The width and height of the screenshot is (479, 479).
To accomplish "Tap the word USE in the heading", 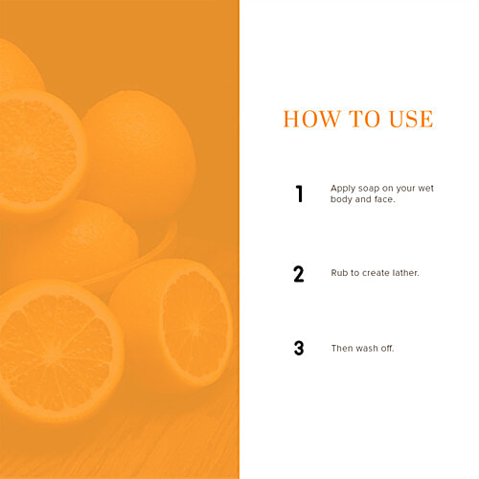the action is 411,119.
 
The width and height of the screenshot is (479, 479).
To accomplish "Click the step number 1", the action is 299,194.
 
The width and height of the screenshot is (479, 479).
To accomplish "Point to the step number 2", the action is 299,274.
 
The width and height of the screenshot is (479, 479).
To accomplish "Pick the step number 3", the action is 299,348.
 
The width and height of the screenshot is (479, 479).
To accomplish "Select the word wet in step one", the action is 425,189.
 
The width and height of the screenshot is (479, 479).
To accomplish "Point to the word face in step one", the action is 384,199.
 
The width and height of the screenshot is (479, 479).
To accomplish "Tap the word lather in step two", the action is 405,273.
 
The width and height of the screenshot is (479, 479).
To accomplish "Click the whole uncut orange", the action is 139,153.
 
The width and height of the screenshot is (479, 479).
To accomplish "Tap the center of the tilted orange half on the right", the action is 194,323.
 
